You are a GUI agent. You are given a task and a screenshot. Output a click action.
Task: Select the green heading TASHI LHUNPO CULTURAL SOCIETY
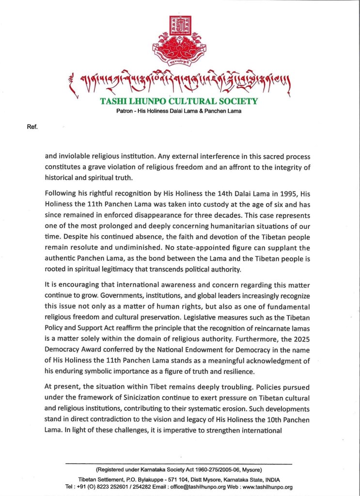tap(180, 102)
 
